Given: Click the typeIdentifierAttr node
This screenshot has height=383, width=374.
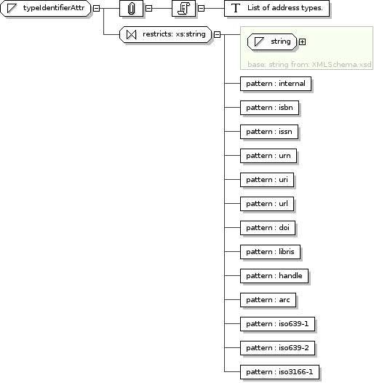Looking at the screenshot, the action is pos(46,8).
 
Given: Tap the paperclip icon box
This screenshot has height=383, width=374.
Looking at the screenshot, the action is pos(132,8).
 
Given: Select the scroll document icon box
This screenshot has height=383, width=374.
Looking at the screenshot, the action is pos(183,8).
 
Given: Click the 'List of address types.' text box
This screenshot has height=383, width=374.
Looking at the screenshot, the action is pos(276,8).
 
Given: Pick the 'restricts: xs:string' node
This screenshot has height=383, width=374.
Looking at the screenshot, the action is pos(165,34).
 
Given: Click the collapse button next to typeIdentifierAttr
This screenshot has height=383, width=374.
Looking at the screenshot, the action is pos(97,8).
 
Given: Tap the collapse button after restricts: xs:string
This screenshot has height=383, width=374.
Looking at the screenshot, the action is pos(217,35).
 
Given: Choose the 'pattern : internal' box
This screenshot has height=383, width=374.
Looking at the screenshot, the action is pos(276,84).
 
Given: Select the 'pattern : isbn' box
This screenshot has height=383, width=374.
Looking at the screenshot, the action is pos(269,108).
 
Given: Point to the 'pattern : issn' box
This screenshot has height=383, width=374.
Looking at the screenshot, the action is pos(269,132).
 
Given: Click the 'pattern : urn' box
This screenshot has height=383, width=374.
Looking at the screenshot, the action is pos(268,156).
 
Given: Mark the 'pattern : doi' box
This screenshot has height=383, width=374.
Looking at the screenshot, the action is pos(268,228).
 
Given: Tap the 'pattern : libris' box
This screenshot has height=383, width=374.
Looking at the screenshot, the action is pos(270,252).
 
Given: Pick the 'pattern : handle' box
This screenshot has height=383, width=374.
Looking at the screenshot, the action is pos(274,276).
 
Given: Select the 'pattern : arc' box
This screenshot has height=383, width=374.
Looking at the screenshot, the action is pos(268,300).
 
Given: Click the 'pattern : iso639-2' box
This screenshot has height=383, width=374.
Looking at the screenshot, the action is pos(277,348).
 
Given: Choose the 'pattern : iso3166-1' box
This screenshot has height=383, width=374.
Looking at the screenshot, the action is pos(279,372).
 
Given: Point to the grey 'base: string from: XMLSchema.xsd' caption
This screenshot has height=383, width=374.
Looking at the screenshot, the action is pos(309,65).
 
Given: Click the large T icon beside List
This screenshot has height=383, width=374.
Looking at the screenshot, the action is pos(236,8).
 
